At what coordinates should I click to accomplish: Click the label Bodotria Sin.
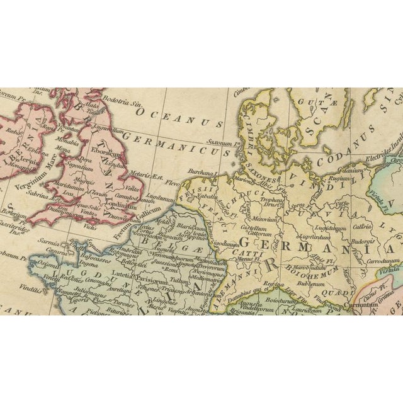116,99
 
